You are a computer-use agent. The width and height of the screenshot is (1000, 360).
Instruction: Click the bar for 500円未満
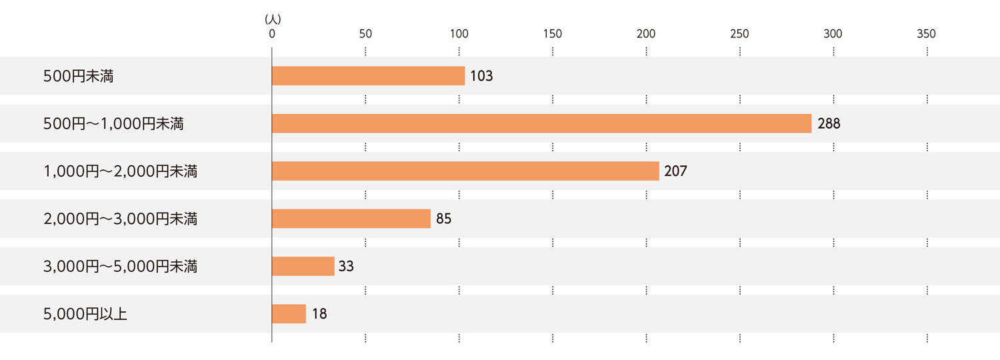368,76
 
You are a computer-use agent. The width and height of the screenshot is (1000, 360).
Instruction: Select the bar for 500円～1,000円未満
541,123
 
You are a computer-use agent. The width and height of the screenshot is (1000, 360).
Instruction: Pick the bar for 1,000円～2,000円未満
465,171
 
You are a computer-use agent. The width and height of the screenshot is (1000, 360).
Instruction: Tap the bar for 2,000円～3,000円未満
351,219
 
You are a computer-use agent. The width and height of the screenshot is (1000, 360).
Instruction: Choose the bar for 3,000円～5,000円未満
303,267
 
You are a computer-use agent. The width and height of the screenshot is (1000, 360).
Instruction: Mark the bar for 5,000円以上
289,314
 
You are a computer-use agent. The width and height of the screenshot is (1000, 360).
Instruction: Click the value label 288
829,123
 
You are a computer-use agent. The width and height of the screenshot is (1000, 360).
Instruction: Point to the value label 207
675,171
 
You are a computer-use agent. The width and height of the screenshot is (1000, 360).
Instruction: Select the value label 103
481,76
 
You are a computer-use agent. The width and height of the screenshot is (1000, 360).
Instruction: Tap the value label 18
319,314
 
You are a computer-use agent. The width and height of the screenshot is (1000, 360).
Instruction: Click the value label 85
444,219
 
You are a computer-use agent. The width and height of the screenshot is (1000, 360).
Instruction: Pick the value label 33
346,267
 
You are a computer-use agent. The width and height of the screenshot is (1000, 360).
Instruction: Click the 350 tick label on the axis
926,34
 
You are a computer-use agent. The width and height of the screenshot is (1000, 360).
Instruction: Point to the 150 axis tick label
552,34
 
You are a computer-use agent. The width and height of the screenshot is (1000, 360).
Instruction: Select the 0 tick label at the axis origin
272,34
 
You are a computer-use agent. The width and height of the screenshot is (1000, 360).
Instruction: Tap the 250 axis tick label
739,34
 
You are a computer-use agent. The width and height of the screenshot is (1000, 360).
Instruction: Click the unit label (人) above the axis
273,19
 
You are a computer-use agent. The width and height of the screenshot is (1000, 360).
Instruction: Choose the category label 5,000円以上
85,314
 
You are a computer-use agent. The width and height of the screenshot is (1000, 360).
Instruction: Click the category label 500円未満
78,76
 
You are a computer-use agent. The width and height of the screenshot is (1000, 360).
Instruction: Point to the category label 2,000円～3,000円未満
120,219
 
